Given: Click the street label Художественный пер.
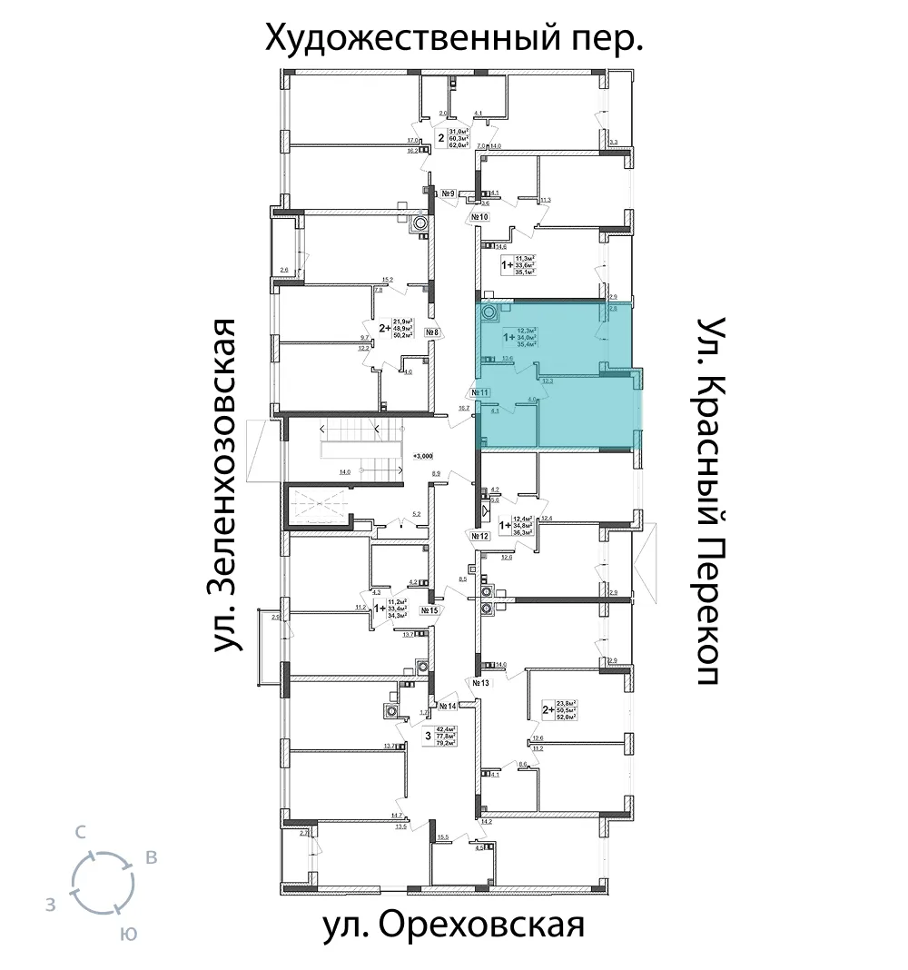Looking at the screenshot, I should tap(453, 38).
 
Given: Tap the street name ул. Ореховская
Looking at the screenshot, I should tap(452, 927).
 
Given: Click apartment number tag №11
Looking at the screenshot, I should tap(480, 392).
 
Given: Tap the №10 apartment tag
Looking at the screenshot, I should tap(480, 218).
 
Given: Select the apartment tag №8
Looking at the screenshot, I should tap(432, 332).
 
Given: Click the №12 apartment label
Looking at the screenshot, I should tap(480, 537).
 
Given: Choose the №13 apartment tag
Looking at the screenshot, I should tap(480, 681).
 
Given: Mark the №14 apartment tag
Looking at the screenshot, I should tap(447, 706).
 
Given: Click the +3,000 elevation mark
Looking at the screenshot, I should tap(422, 455).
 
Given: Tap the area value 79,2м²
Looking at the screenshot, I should tap(445, 742).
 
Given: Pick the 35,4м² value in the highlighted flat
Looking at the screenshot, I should tap(527, 344).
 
